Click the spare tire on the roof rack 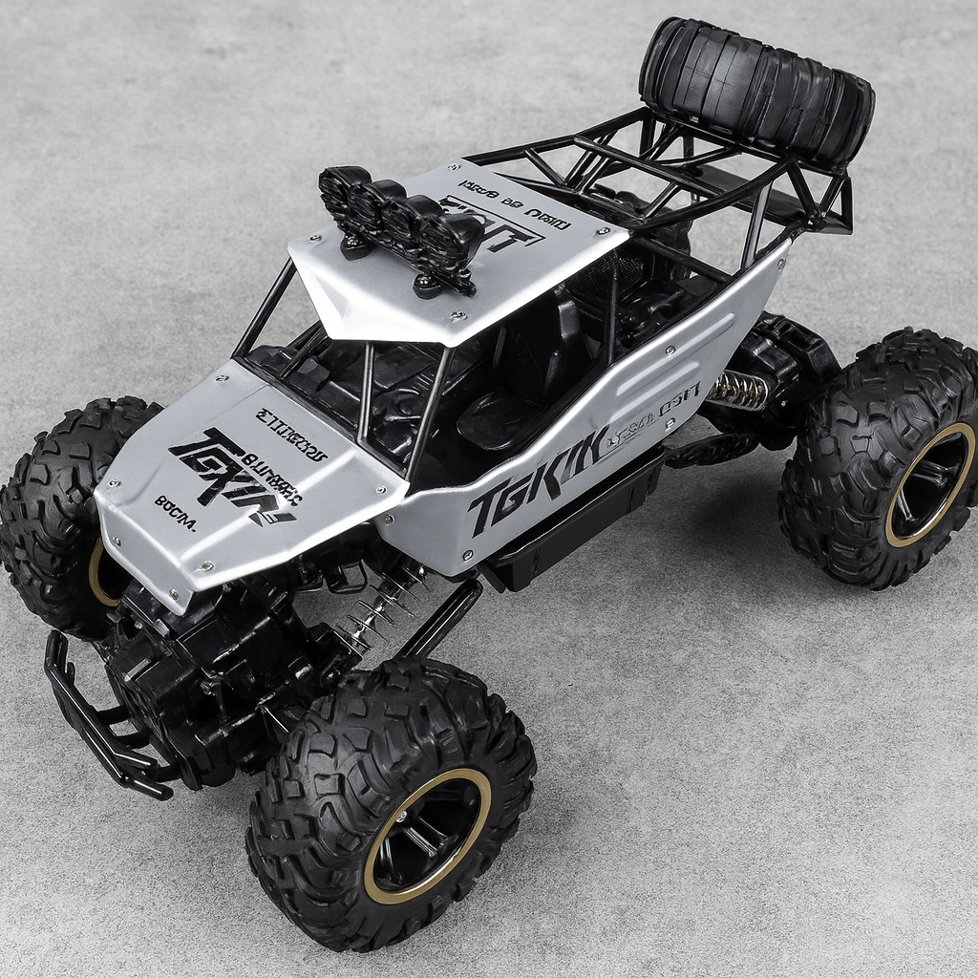point(757,90)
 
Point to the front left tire point(57,516)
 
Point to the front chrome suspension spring point(382,607)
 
